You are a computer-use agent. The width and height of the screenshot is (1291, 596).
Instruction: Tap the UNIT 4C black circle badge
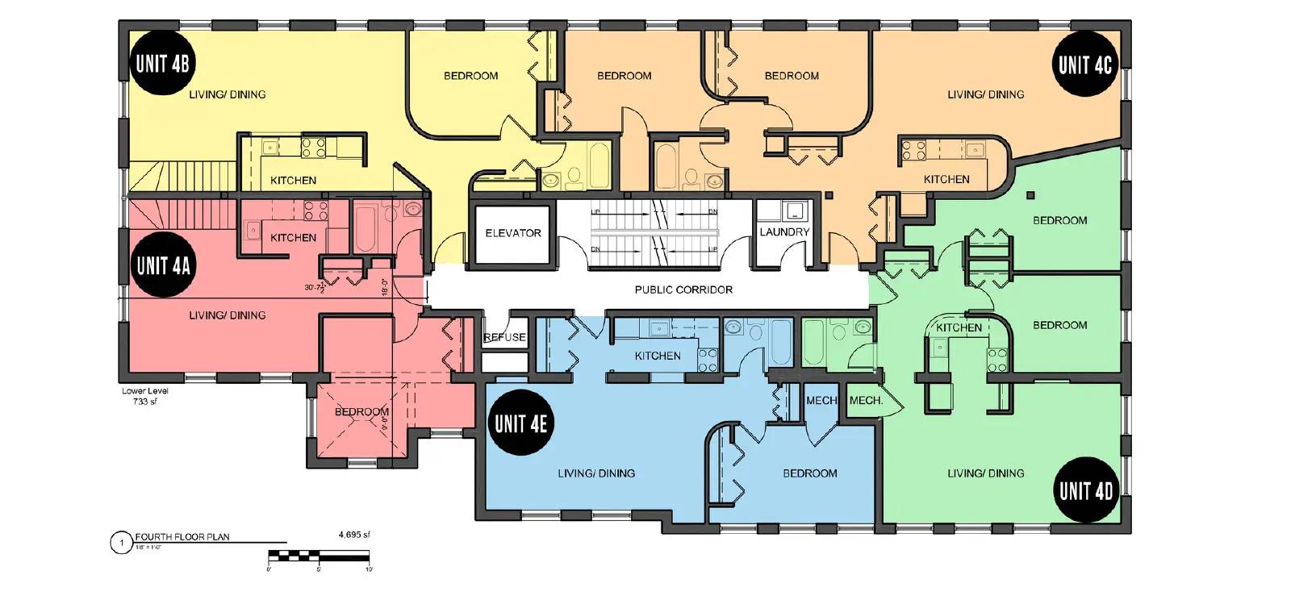pos(1085,65)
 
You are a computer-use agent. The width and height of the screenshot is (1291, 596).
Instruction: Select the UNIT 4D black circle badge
pos(1085,490)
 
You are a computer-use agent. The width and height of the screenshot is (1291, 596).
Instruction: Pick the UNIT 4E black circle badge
pos(520,423)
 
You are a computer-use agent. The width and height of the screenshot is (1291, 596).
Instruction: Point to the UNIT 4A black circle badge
pos(162,265)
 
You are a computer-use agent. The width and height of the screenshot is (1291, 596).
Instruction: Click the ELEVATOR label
pos(513,233)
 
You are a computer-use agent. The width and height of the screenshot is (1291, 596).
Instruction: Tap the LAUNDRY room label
pos(783,232)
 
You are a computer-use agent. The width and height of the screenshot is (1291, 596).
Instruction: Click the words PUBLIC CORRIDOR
pos(683,290)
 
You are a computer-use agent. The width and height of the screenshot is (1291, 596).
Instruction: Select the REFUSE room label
pos(504,337)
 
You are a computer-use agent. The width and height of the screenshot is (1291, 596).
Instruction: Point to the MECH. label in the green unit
pos(866,400)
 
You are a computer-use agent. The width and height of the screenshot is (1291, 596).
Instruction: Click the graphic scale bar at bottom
pos(319,556)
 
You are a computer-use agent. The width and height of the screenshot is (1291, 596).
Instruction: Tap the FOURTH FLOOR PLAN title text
pos(182,536)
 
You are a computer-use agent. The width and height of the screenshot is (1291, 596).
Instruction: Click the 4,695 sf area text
pos(354,535)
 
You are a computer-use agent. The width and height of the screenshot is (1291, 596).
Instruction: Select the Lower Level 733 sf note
pos(145,396)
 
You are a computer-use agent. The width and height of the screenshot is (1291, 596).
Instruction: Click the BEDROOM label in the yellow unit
pos(470,76)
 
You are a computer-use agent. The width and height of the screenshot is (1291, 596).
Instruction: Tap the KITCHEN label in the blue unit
pos(657,356)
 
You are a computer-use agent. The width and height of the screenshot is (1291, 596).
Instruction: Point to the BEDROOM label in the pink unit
pos(361,412)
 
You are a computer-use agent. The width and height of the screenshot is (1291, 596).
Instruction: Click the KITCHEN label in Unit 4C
pos(946,179)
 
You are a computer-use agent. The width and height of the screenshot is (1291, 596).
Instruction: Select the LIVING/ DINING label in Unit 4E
pos(596,473)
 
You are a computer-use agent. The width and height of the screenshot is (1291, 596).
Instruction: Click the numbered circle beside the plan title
pos(121,543)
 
